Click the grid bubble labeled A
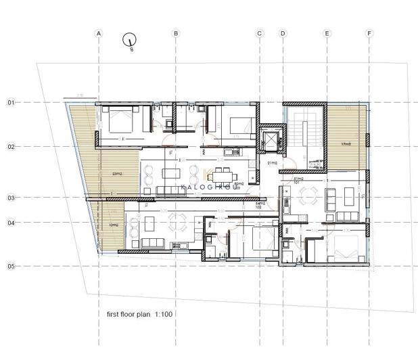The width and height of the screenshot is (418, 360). tap(99, 32)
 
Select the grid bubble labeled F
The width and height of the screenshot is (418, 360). tap(369, 32)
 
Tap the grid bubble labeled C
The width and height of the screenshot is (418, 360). tap(259, 32)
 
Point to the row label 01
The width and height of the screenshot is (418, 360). tap(11, 103)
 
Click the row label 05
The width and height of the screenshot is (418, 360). tap(11, 267)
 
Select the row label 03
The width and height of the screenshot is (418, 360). tap(11, 198)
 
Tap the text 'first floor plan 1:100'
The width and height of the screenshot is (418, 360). tap(139, 315)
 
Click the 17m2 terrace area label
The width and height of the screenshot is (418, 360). tap(346, 144)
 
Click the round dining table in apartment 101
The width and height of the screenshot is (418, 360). tap(309, 196)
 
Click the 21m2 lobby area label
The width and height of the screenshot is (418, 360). tap(273, 164)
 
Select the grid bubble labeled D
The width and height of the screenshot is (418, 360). tap(283, 32)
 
